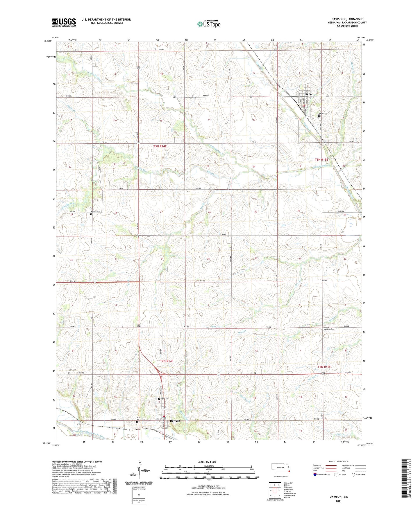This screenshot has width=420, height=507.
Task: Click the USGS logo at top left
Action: [64, 22]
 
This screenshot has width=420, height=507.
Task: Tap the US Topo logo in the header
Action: [209, 24]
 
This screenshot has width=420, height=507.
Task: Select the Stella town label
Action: [308, 94]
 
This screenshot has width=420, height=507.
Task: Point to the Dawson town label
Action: [175, 421]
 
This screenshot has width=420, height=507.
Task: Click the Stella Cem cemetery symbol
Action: [319, 116]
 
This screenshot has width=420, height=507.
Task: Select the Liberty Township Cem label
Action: [329, 329]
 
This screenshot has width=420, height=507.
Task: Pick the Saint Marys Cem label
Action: [141, 419]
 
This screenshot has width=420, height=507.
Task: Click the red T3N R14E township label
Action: [160, 146]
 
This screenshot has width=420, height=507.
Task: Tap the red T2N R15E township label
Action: [324, 367]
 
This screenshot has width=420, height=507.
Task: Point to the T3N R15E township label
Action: [321, 160]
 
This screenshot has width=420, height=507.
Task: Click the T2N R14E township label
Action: [167, 361]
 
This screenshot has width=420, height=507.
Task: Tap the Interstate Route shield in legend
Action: [315, 474]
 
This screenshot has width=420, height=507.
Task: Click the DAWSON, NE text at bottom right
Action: [338, 497]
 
